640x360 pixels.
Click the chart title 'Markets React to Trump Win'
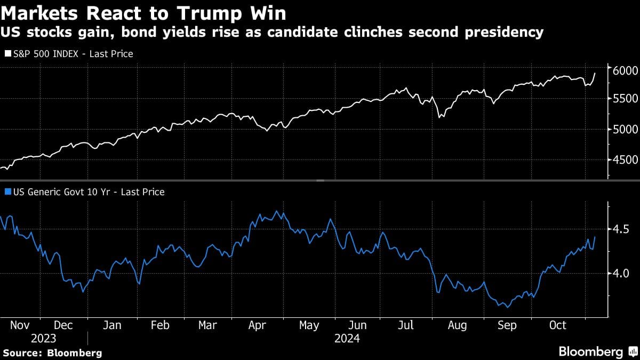[x=143, y=12]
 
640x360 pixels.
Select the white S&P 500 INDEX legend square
[x=7, y=54]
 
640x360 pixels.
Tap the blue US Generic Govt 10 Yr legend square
[x=7, y=192]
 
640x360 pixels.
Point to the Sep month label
[x=507, y=325]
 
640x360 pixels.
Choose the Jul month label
[x=406, y=325]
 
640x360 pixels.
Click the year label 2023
[x=43, y=339]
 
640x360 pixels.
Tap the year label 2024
[x=346, y=339]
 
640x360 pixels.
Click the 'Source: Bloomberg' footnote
[x=52, y=353]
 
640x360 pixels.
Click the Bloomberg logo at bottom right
[x=597, y=352]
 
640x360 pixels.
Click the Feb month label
[x=161, y=325]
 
